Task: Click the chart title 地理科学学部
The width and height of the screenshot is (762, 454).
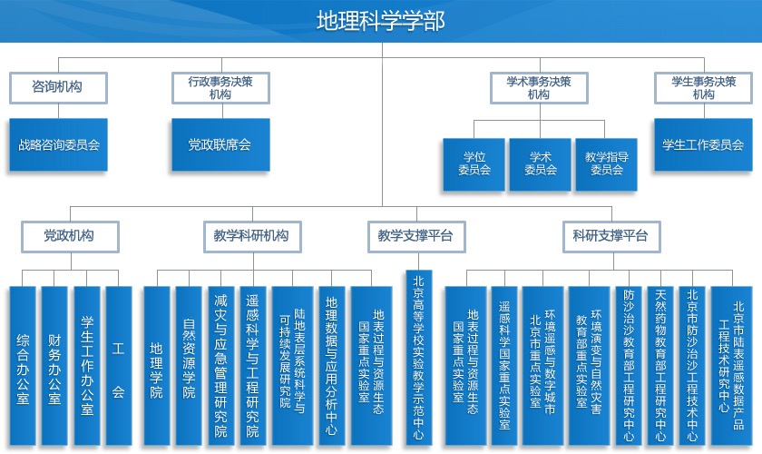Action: point(380,21)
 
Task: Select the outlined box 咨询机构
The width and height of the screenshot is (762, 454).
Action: point(58,87)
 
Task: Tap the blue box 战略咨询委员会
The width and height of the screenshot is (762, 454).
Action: point(58,144)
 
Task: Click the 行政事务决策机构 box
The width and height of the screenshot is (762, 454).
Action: point(220,87)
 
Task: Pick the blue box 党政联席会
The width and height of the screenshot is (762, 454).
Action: point(220,144)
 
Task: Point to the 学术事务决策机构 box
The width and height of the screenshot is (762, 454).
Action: point(539,87)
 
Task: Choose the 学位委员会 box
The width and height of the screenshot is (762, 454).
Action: point(474,164)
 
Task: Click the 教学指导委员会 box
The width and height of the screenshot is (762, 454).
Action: point(606,164)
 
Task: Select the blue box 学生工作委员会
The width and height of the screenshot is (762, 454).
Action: point(703,144)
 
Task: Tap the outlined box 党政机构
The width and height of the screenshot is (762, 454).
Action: point(70,236)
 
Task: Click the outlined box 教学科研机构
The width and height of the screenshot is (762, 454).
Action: point(252,236)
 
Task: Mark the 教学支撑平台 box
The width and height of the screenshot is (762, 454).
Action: point(416,236)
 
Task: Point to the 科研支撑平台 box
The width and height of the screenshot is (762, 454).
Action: point(611,236)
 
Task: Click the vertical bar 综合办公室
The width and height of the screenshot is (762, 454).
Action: point(23,365)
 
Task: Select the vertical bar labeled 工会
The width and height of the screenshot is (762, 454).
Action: point(119,365)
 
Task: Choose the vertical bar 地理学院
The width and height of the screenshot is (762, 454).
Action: point(156,365)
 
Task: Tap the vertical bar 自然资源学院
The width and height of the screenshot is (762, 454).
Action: point(189,365)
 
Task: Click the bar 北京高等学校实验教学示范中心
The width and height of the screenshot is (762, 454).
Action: point(419,358)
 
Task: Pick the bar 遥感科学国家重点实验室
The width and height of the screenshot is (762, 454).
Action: point(504,365)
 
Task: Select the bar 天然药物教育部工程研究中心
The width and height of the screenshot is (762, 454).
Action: point(660,365)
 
